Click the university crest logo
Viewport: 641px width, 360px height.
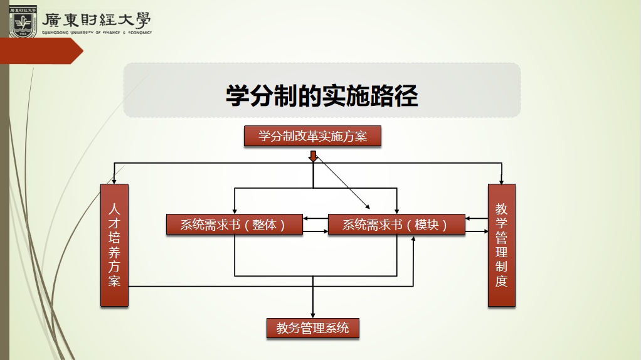point(23,21)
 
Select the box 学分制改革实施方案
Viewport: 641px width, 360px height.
point(312,136)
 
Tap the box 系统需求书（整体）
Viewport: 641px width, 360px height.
point(234,224)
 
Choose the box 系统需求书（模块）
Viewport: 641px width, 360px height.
point(396,224)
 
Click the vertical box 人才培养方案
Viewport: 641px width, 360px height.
point(114,245)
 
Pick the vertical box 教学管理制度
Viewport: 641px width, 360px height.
point(501,245)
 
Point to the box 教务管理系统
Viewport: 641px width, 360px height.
point(312,327)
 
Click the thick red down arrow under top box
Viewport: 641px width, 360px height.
point(313,156)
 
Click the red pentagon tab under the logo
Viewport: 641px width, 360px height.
point(41,51)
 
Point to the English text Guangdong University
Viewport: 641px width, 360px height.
point(69,33)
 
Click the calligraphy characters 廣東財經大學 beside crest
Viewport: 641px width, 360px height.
point(97,20)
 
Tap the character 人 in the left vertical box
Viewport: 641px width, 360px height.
point(114,208)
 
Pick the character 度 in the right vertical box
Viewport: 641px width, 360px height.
point(501,281)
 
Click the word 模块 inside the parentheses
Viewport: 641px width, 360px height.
point(427,225)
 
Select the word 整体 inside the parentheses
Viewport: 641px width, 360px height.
point(265,225)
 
